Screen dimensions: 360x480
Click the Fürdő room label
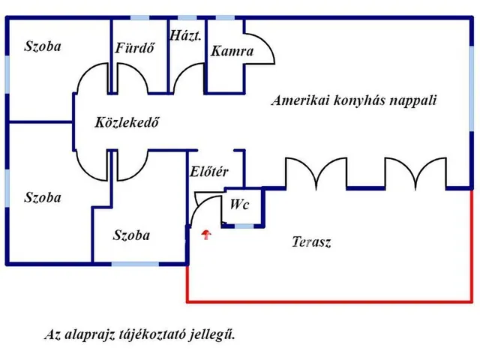[x=135, y=49]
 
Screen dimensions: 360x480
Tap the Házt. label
[x=185, y=35]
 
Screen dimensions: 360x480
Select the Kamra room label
[x=232, y=52]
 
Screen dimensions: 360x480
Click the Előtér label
[x=209, y=172]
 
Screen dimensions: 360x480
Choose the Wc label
[x=240, y=203]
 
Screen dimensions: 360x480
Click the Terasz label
[x=310, y=242]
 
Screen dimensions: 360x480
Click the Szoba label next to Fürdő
[x=42, y=46]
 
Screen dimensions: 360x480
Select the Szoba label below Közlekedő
[x=131, y=235]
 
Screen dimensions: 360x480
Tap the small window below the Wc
[x=244, y=225]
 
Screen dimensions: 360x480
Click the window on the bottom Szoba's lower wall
[x=135, y=263]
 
